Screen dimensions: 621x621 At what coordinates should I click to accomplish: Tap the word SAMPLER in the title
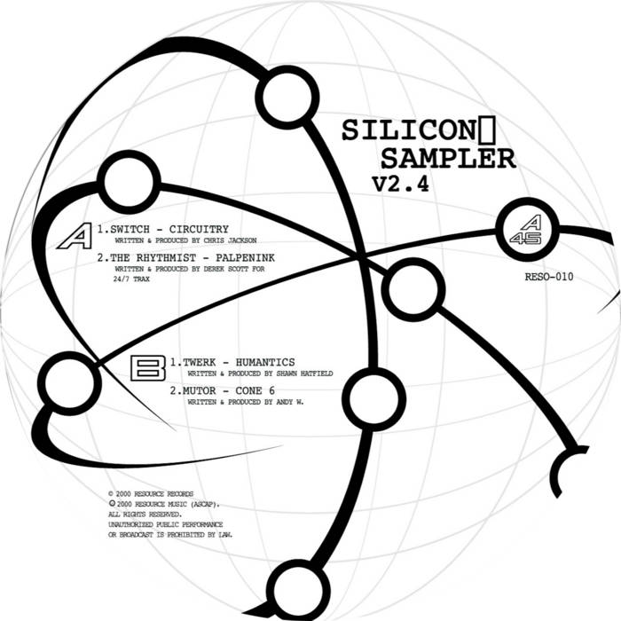[x=447, y=159]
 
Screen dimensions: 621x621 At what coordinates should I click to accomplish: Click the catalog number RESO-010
[x=550, y=277]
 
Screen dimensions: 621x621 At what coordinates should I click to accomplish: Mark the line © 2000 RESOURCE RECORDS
[x=150, y=492]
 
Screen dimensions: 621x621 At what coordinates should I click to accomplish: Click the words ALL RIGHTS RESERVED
[x=145, y=514]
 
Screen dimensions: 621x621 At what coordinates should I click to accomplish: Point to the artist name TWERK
[x=195, y=362]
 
